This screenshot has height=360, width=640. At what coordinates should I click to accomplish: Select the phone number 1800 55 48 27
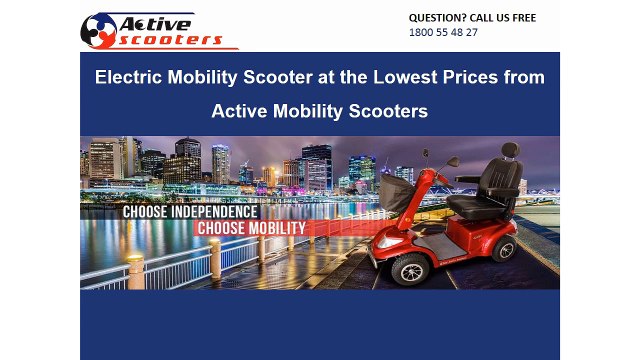click(443, 32)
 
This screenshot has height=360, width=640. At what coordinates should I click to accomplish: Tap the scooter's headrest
click(510, 151)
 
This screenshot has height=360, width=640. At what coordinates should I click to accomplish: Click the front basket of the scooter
click(397, 193)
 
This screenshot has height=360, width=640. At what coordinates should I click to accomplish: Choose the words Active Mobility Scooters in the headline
click(319, 111)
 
